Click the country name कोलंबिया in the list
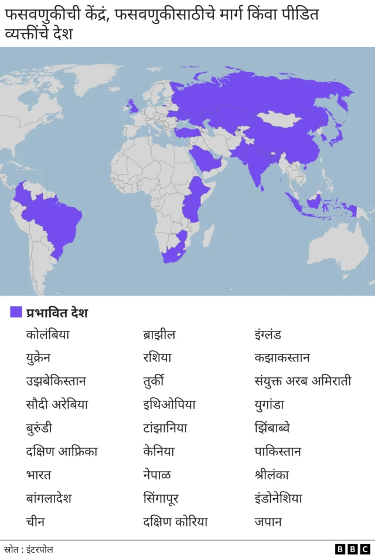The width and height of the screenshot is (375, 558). [47, 335]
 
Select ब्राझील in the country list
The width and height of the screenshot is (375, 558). [159, 335]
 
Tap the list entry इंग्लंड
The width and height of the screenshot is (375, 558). [268, 335]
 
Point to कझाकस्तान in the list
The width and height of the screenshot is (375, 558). [282, 358]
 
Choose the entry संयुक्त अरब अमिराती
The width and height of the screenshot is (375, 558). [303, 381]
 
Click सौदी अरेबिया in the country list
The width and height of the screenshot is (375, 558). [57, 405]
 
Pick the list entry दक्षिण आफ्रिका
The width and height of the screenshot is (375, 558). [62, 452]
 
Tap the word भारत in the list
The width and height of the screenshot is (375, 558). [38, 475]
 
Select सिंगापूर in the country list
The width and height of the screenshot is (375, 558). [161, 499]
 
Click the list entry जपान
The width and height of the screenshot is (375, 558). [268, 522]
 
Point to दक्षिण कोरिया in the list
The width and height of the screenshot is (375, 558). [175, 522]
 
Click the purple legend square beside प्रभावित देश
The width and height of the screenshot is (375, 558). [16, 312]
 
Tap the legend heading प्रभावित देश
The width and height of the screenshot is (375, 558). [57, 313]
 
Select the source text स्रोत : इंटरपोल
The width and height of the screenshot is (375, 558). [29, 549]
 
